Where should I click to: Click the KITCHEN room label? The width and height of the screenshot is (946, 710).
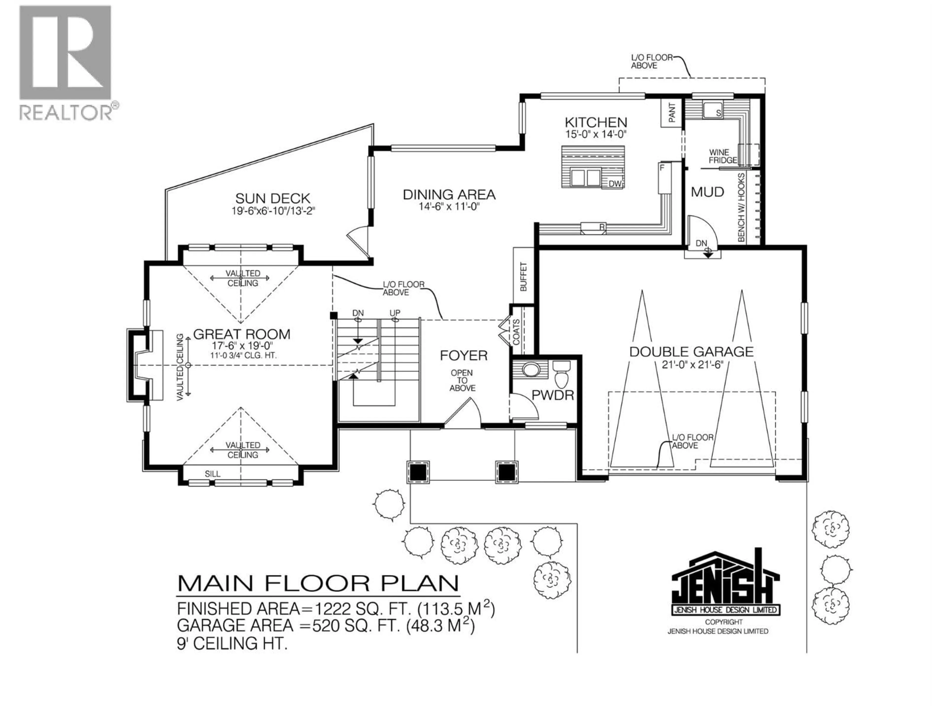[x=596, y=122]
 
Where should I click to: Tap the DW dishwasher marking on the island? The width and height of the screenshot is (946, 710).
[x=615, y=184]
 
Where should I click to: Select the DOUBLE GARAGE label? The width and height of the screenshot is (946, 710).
[x=691, y=352]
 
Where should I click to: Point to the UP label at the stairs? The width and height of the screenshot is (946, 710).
[x=394, y=313]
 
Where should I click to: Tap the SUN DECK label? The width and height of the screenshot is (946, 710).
[x=272, y=198]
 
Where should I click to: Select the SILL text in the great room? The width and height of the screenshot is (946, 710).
[x=213, y=474]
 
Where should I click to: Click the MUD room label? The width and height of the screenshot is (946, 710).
[x=707, y=192]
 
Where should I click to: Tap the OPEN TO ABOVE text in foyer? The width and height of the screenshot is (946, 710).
[x=462, y=380]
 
